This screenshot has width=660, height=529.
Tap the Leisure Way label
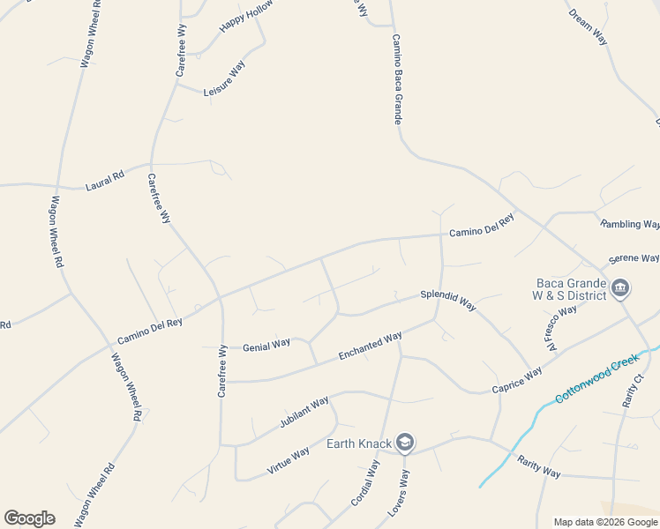pos(224,79)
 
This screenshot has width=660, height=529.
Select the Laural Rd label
pos(105,181)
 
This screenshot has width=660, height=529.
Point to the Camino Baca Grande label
pos(397,79)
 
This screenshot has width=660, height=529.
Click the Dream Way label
pos(589,27)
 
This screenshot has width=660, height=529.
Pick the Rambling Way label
pos(630,224)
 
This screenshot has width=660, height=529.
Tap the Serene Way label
pos(634,258)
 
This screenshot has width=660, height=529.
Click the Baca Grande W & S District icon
pos(619,288)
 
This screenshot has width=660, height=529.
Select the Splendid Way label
pos(448,300)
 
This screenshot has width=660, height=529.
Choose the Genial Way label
pos(266,344)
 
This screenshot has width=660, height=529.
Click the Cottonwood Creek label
pos(596,378)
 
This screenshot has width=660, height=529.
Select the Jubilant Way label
pos(304,413)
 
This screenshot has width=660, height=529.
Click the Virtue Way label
pos(289,461)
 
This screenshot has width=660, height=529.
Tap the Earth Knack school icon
pos(405,443)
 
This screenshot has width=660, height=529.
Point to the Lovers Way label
pos(399,492)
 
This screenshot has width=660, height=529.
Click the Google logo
pos(29,518)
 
